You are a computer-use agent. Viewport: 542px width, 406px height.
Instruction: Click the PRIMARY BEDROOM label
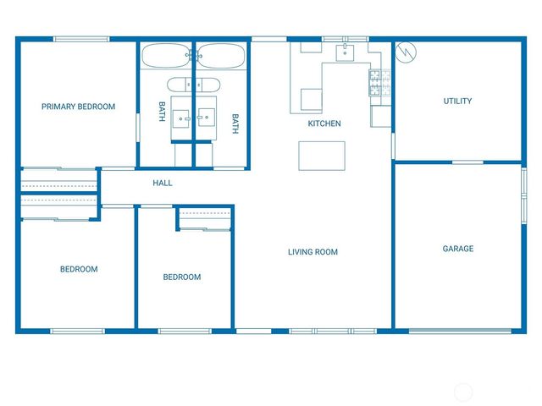79,107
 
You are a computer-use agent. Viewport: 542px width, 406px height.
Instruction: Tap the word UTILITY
457,101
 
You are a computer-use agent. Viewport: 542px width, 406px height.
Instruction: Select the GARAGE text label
457,249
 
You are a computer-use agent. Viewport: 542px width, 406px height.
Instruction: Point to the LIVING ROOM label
312,252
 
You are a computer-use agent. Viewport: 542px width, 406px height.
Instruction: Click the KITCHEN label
324,123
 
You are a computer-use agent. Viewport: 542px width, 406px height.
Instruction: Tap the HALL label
163,183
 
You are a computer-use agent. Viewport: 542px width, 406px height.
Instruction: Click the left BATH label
161,112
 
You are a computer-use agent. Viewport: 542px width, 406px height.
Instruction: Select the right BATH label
235,123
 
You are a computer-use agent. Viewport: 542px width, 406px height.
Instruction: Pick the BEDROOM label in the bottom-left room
79,269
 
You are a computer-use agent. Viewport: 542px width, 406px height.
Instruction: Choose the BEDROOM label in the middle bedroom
182,277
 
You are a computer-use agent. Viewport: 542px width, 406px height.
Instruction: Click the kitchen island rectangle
322,156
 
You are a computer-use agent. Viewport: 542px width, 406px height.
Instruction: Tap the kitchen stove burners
378,81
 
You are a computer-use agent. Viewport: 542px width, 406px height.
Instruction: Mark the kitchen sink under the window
345,53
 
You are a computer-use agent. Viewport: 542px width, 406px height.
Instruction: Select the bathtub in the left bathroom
167,57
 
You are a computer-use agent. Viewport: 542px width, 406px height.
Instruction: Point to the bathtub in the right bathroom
220,57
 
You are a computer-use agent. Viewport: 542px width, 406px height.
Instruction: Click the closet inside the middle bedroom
205,218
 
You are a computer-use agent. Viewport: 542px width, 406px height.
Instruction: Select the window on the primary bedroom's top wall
80,39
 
